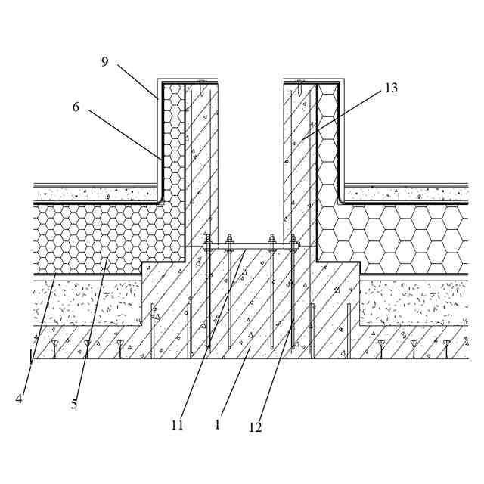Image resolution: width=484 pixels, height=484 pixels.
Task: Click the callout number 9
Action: (105, 61)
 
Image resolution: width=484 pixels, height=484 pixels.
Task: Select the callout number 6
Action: (75, 107)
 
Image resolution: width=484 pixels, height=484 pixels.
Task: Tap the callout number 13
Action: (390, 88)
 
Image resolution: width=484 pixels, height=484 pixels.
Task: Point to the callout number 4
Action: (18, 399)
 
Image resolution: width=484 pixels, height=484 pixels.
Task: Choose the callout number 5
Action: (73, 404)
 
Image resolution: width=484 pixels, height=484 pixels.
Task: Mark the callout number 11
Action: (177, 425)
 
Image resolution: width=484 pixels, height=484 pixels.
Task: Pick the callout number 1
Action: (217, 424)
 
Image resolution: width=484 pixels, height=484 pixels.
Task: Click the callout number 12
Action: (256, 427)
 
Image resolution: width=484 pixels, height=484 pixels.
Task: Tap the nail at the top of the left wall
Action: (203, 82)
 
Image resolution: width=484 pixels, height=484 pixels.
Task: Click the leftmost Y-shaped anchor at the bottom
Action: (54, 346)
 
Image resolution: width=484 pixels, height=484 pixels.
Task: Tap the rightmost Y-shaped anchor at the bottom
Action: (446, 346)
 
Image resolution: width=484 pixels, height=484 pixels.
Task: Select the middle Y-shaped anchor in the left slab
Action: (87, 346)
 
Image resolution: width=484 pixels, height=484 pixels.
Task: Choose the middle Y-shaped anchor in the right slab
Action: (414, 346)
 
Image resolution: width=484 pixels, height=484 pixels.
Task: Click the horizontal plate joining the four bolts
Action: (250, 246)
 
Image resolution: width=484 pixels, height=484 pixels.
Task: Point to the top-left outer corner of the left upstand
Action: (157, 79)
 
